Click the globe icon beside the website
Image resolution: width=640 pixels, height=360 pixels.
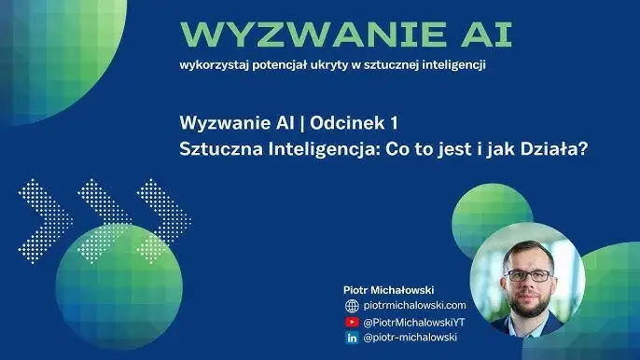click(x=353, y=306)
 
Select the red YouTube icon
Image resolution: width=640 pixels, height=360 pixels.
click(x=353, y=322)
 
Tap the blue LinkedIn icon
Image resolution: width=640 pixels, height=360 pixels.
click(x=353, y=337)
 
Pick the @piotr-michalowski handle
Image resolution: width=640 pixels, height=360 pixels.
click(x=410, y=337)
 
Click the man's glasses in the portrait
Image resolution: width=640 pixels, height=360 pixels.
click(x=529, y=275)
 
